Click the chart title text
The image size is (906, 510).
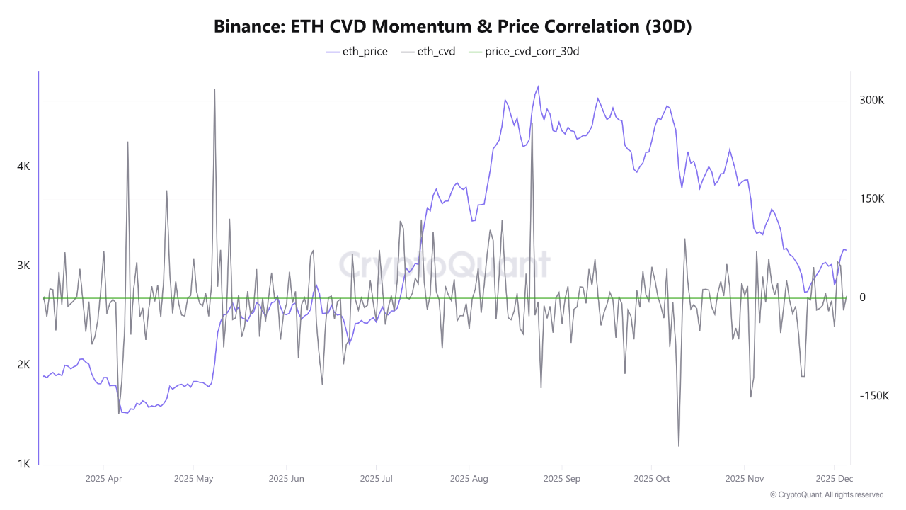pos(452,26)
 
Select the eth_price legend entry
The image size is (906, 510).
pos(357,51)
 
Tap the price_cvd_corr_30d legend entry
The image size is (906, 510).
pos(524,51)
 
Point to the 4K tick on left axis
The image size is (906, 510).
pos(23,166)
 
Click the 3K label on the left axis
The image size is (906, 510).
pos(23,266)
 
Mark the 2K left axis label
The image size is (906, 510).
pos(23,365)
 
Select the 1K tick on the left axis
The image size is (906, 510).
pos(23,464)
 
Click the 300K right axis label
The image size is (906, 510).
pos(872,101)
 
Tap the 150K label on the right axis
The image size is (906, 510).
pos(872,199)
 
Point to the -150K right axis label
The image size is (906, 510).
pos(873,396)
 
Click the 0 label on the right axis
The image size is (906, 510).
pos(862,297)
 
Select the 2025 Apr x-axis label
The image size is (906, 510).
pos(103,479)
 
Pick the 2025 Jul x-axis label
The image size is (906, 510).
pos(377,479)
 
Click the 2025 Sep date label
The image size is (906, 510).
pos(561,479)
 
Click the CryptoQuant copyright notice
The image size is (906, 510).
pos(826,495)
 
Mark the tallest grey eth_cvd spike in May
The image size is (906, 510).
pos(214,89)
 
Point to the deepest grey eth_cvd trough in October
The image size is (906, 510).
pos(679,446)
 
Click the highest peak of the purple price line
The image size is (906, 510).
pos(538,87)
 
